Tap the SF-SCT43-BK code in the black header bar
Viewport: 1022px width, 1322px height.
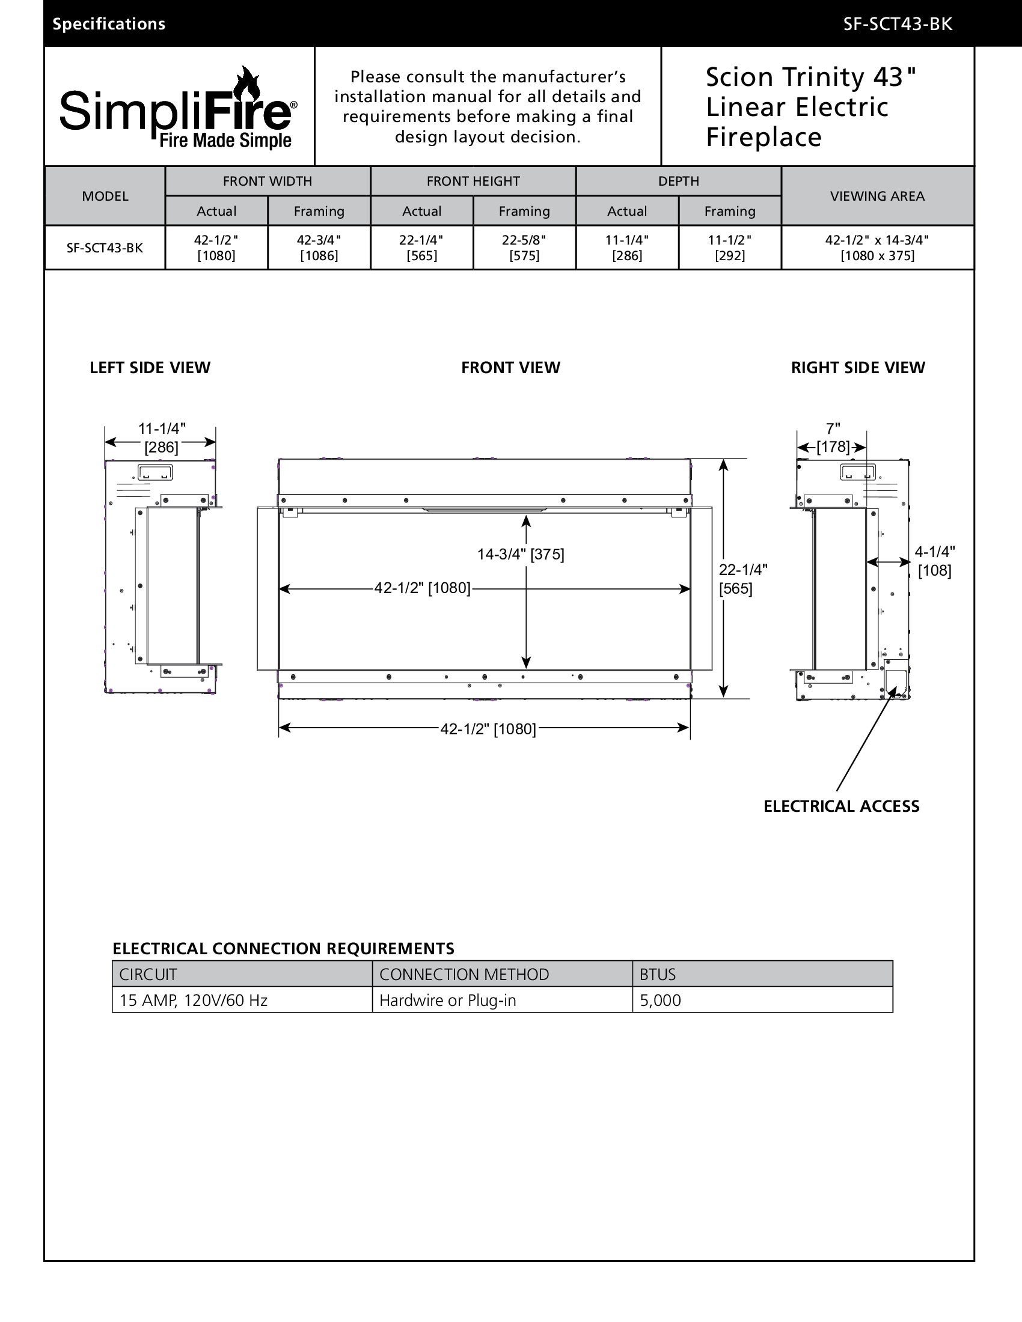click(x=898, y=24)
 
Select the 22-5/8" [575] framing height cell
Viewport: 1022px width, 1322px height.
click(x=524, y=248)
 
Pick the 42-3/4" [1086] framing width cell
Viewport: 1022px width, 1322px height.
click(x=319, y=248)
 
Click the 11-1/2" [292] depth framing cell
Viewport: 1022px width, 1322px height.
click(x=730, y=248)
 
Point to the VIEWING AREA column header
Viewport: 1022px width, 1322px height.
click(x=877, y=196)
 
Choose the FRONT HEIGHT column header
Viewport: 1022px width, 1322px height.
click(x=473, y=181)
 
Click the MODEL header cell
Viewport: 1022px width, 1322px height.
click(x=105, y=196)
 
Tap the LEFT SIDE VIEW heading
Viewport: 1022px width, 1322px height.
click(x=150, y=367)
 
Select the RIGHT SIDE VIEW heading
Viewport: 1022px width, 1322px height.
click(x=858, y=367)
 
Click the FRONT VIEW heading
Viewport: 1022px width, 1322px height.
click(x=510, y=367)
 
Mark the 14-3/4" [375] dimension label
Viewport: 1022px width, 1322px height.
click(x=520, y=554)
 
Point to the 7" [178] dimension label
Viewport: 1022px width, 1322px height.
click(x=833, y=438)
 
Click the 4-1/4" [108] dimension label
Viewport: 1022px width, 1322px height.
click(x=934, y=561)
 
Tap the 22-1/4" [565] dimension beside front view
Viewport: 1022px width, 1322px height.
click(x=742, y=579)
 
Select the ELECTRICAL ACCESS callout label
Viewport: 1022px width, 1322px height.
click(x=841, y=806)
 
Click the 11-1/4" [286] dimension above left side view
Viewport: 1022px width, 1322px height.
click(x=161, y=437)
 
